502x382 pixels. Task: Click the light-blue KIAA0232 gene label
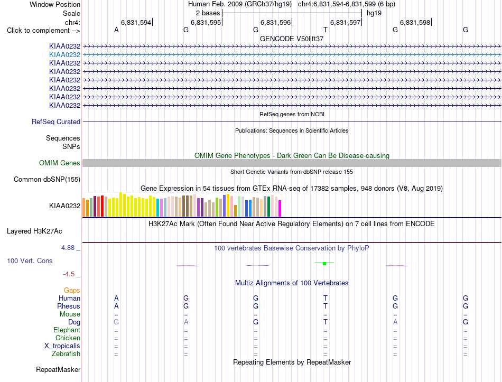click(x=64, y=55)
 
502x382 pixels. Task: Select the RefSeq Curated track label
click(x=56, y=122)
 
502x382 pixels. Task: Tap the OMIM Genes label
click(x=60, y=163)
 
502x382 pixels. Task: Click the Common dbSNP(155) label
click(x=47, y=179)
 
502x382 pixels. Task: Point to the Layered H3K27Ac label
click(x=34, y=231)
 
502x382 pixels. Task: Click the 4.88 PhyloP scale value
click(x=68, y=247)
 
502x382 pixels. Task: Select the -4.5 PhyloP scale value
click(x=69, y=274)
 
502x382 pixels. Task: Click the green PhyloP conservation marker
click(x=324, y=263)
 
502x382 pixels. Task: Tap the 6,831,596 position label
click(x=275, y=22)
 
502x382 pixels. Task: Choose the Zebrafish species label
click(x=66, y=354)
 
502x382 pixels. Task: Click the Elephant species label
click(x=67, y=330)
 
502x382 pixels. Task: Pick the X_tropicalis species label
click(x=62, y=346)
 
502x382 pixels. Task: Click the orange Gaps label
click(x=72, y=290)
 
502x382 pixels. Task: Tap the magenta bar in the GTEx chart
click(x=280, y=209)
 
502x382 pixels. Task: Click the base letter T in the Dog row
click(x=326, y=322)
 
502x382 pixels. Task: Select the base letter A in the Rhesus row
click(x=116, y=306)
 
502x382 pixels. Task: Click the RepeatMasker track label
click(x=58, y=369)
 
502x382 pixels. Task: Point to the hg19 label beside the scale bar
click(x=374, y=13)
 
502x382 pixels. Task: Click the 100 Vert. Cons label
click(x=30, y=260)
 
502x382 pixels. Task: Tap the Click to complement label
click(x=43, y=31)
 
